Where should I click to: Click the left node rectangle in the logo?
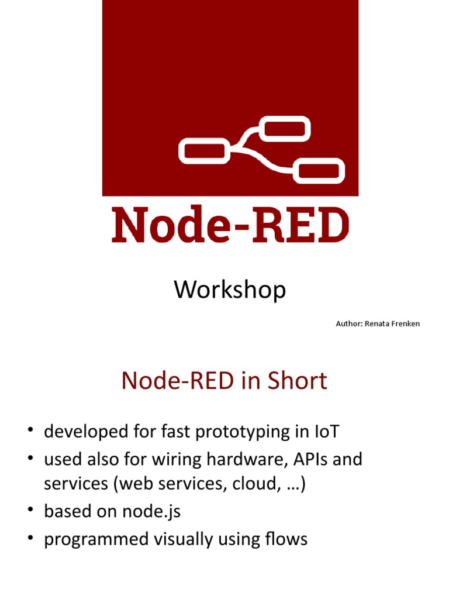(x=202, y=151)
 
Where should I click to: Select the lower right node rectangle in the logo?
(x=321, y=170)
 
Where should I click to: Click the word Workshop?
(x=230, y=290)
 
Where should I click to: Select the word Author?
(x=348, y=323)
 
